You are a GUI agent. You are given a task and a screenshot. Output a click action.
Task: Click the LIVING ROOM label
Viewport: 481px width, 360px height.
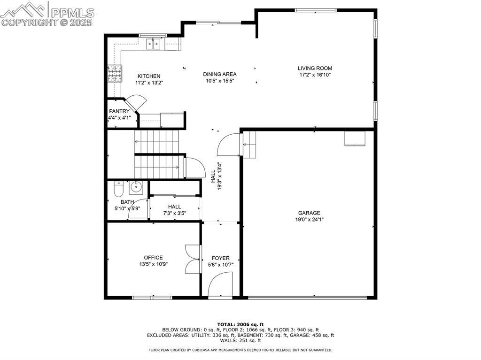315,68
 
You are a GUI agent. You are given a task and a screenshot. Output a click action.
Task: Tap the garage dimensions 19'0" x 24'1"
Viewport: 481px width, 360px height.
309,219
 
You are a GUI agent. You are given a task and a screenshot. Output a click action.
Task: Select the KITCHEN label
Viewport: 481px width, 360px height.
149,76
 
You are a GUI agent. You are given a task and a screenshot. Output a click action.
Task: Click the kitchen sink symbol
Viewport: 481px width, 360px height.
154,45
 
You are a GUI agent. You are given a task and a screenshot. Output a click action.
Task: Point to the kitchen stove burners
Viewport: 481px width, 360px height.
114,74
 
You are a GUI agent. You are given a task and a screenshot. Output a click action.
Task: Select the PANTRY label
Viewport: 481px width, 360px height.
119,111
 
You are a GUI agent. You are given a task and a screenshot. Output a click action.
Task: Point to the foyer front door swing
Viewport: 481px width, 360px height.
220,285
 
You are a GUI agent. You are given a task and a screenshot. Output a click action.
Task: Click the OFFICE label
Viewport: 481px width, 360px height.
153,257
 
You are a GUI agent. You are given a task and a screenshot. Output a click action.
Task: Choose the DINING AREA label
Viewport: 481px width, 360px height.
219,74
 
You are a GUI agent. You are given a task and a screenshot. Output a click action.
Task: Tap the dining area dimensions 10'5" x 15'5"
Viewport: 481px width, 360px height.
219,81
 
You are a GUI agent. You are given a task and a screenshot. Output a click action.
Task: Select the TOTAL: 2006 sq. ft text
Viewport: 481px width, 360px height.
240,324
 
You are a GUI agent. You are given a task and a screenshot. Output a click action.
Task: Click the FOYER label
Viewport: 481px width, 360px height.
220,258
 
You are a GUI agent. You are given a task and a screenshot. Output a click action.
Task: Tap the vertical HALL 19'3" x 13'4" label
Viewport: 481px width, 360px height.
216,176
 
